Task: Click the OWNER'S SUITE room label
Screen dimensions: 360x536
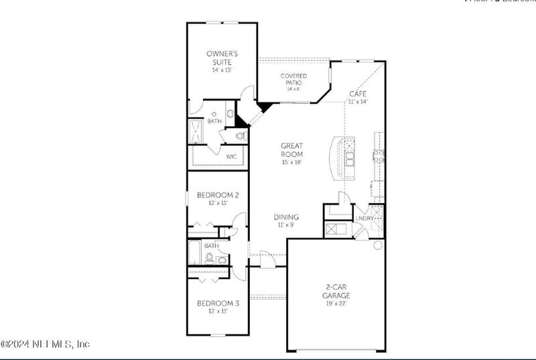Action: point(221,56)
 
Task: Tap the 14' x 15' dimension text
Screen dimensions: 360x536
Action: point(221,70)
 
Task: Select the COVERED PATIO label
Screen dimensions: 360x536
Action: point(293,79)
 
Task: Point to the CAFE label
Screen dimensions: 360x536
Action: point(357,93)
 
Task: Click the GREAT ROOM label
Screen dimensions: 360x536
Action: point(292,149)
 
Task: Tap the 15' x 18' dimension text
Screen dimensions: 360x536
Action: point(292,162)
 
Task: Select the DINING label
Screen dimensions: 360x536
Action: point(286,217)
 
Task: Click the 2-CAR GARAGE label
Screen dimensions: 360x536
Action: point(336,291)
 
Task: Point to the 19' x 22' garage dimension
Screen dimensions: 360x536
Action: point(336,304)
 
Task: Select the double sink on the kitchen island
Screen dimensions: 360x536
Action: point(349,158)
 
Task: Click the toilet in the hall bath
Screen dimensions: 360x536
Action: point(210,257)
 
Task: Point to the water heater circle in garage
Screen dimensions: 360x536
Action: point(377,244)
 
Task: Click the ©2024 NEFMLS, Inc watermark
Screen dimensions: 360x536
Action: point(45,344)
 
